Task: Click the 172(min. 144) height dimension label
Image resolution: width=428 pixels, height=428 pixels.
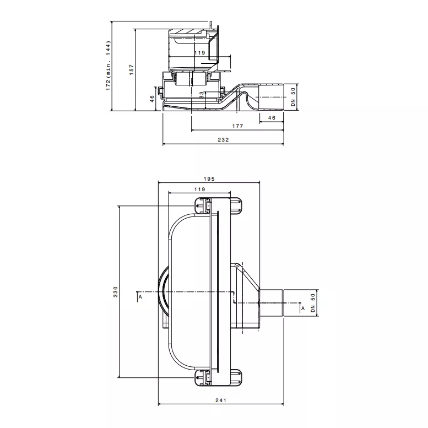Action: (x=109, y=66)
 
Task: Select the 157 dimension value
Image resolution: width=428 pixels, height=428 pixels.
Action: (x=132, y=70)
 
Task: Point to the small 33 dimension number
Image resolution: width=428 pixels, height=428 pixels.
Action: (x=202, y=95)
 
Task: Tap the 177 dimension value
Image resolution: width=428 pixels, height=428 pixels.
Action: (x=237, y=126)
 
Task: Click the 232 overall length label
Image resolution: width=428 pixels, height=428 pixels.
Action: (x=223, y=139)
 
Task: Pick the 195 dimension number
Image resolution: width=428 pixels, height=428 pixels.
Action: (x=209, y=179)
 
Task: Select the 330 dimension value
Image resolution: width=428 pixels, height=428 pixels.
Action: (x=116, y=292)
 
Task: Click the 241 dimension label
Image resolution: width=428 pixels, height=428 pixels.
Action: (x=221, y=400)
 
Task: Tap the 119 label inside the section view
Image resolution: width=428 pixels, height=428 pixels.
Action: (x=199, y=53)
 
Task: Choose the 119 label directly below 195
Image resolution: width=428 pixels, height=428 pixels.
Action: (x=199, y=189)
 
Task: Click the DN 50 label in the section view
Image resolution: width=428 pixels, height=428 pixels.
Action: (x=293, y=97)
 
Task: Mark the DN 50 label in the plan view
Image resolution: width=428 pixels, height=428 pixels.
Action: (x=313, y=303)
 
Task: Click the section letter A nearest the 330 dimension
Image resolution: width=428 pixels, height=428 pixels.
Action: (x=140, y=297)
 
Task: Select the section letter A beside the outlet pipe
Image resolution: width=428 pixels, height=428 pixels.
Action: (x=303, y=308)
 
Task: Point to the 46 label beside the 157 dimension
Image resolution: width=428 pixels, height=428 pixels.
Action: (x=152, y=99)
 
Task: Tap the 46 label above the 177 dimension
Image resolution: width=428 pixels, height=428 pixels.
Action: (x=272, y=118)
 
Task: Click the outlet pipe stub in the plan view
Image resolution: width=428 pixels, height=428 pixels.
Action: (x=272, y=303)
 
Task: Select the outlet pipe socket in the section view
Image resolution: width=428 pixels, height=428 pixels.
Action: (x=272, y=97)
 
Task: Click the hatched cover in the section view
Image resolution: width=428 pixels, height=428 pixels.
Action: (x=188, y=32)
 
